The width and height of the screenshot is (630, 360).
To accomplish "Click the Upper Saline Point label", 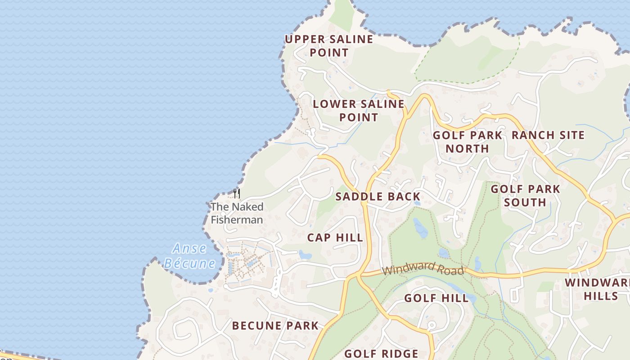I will (x=329, y=46).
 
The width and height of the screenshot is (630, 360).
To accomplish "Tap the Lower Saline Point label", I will (x=359, y=111).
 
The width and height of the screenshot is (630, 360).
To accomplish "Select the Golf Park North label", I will (x=467, y=142).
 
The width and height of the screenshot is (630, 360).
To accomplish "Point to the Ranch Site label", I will (x=548, y=135).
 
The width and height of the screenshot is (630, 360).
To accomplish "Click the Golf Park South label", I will (x=525, y=196).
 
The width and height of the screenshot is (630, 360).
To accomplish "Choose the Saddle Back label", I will (x=378, y=197).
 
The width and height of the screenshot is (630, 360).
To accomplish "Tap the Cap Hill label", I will (x=335, y=238).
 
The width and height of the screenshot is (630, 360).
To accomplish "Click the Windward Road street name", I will (x=423, y=269).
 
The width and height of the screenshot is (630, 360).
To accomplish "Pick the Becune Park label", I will (x=275, y=326).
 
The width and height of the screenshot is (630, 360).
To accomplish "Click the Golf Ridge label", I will (x=381, y=354).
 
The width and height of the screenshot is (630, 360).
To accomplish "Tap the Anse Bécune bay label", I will (x=189, y=256).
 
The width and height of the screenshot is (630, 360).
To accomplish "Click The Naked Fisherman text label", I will (x=237, y=213).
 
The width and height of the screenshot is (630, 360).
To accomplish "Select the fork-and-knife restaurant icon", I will (x=237, y=193).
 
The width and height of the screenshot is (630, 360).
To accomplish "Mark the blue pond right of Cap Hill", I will (x=305, y=255).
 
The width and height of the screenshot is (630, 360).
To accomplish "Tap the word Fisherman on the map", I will (x=237, y=220).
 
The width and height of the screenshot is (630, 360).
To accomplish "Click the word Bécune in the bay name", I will (x=189, y=263).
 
